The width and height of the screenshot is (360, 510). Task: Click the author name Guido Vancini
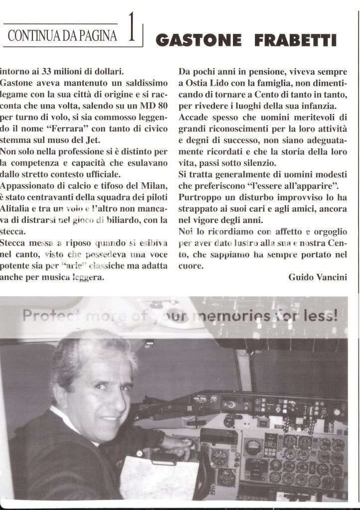coord(318,277)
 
